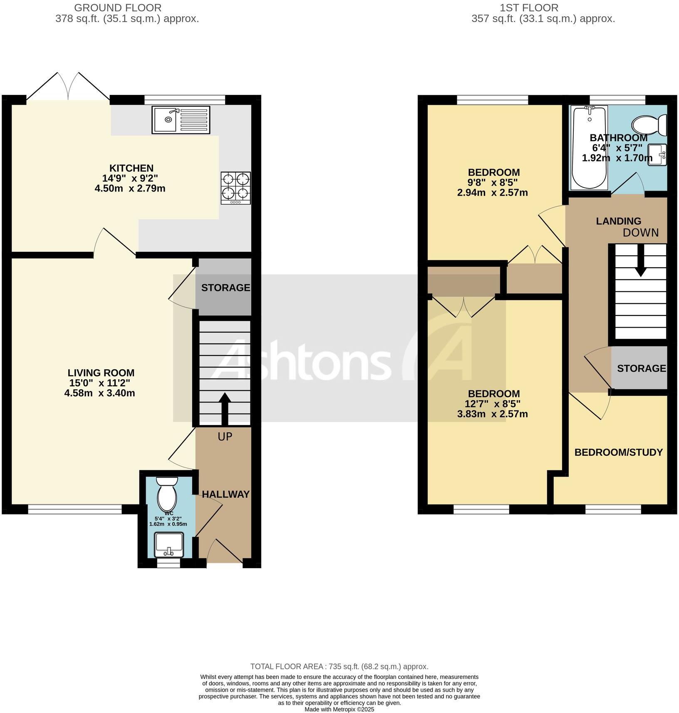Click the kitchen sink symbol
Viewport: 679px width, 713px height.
coord(181,119)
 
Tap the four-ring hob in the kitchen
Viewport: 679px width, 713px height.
coord(235,188)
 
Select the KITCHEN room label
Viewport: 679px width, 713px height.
coord(131,168)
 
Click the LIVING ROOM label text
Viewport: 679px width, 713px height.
coord(101,373)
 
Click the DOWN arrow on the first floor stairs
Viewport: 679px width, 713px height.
coord(640,261)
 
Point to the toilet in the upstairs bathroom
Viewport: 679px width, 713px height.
coord(649,125)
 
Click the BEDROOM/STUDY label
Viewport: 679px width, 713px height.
coord(618,452)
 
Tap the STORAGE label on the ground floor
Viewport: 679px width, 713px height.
coord(226,288)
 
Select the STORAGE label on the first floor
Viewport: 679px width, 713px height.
coord(641,368)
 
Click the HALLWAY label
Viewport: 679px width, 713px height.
coord(226,494)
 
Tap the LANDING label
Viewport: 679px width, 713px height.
coord(618,221)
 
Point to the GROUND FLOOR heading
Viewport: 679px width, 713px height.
coord(117,7)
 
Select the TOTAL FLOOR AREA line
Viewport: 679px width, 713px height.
coord(339,666)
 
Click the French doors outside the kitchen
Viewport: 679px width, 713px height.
coord(68,87)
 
